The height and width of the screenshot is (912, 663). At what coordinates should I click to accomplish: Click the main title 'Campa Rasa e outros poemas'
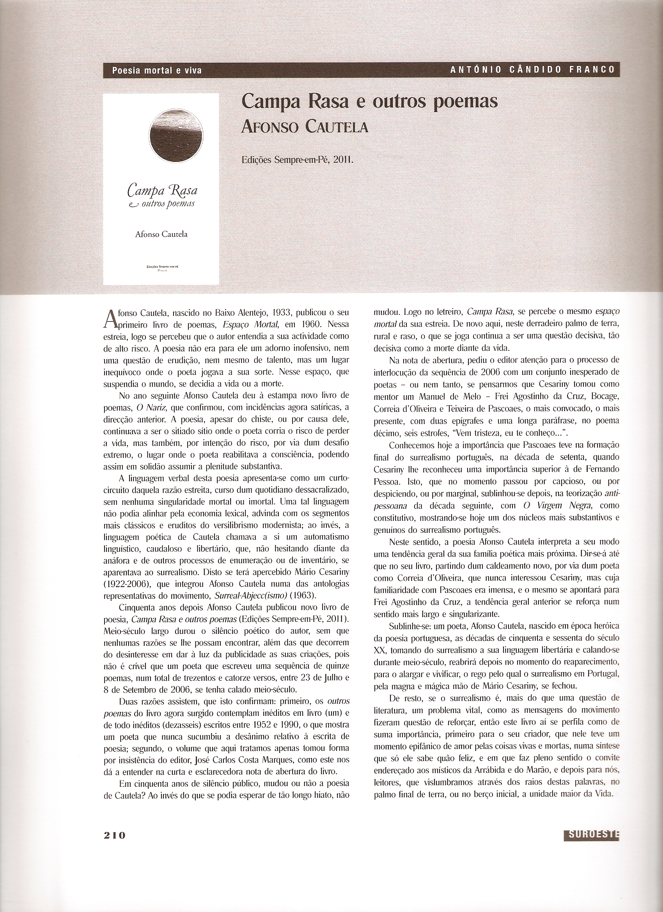[369, 102]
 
